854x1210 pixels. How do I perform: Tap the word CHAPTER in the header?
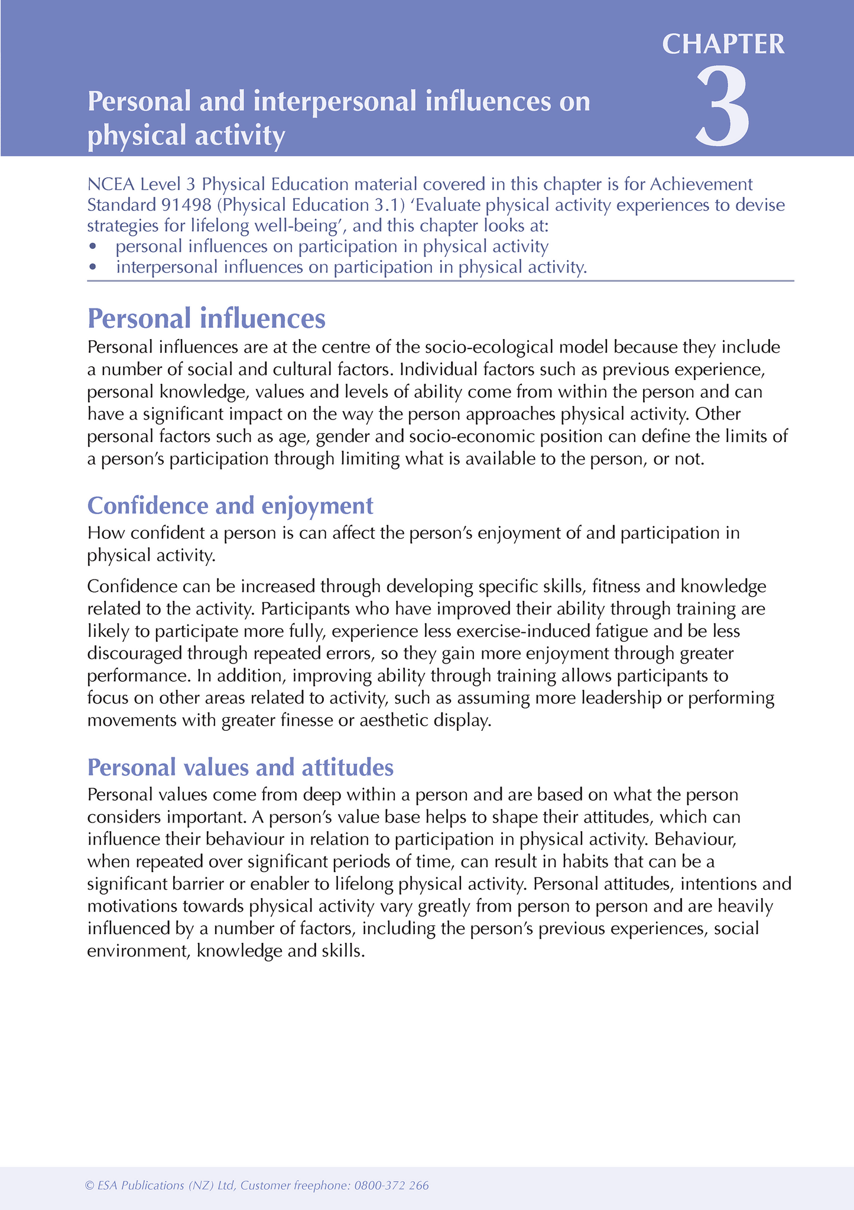coord(723,44)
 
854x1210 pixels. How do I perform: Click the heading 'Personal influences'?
coord(206,318)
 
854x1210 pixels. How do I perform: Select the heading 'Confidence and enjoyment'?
coord(230,506)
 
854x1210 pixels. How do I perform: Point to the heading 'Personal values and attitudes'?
coord(240,767)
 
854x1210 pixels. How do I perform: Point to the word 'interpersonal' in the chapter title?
coord(335,101)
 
